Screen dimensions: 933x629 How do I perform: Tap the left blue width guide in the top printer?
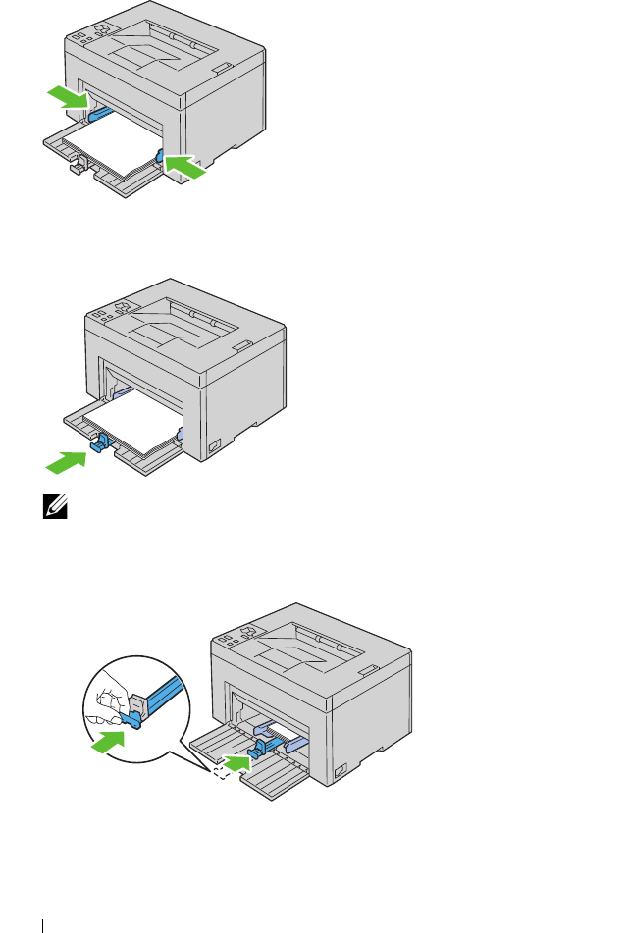98,113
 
